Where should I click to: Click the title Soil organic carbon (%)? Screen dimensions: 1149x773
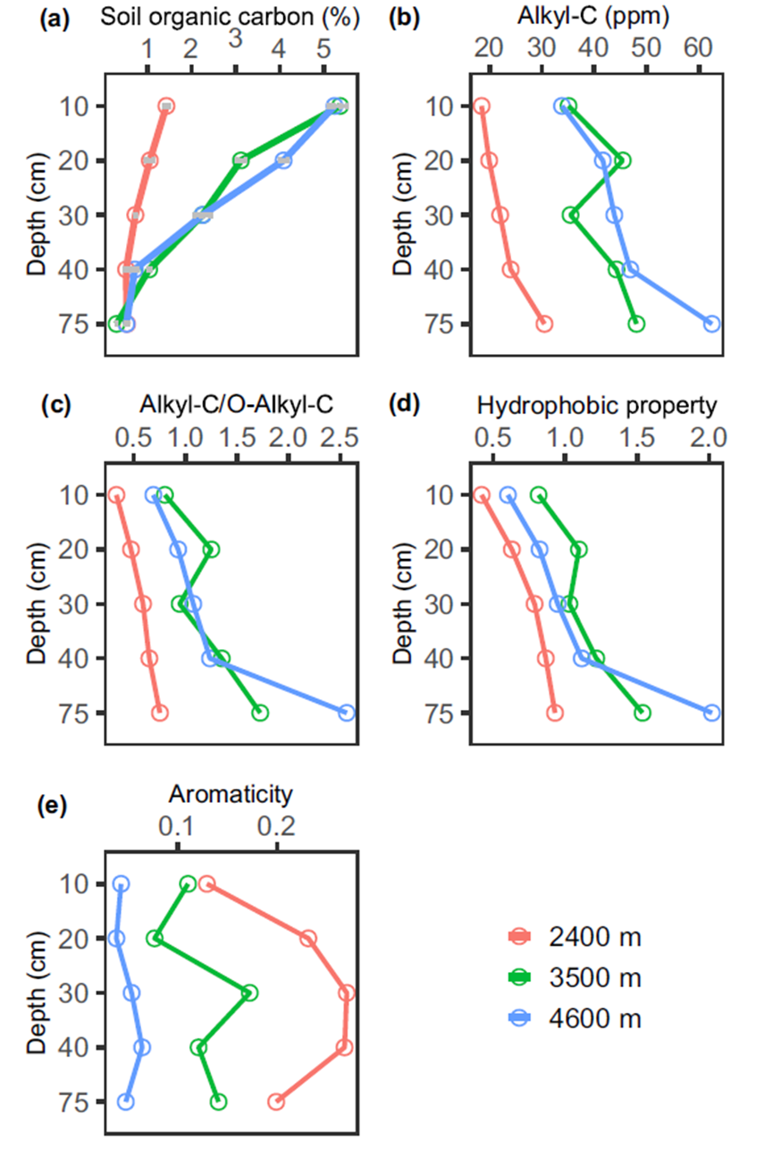click(x=230, y=17)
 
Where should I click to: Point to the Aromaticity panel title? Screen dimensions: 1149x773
click(x=231, y=793)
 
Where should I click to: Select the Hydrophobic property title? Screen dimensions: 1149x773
click(x=597, y=405)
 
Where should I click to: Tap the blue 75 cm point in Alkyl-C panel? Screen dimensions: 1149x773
click(x=711, y=324)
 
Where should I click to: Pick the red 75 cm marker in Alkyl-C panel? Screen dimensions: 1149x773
click(x=544, y=324)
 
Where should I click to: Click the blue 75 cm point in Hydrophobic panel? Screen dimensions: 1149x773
click(x=711, y=713)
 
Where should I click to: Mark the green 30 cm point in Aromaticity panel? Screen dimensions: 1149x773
click(x=250, y=993)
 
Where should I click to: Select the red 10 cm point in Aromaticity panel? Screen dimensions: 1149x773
click(x=207, y=883)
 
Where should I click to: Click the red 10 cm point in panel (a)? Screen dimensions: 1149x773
click(x=166, y=106)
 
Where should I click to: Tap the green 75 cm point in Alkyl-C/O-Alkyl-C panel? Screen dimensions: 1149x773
click(x=260, y=713)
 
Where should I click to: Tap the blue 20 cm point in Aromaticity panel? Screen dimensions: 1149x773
click(x=116, y=938)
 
